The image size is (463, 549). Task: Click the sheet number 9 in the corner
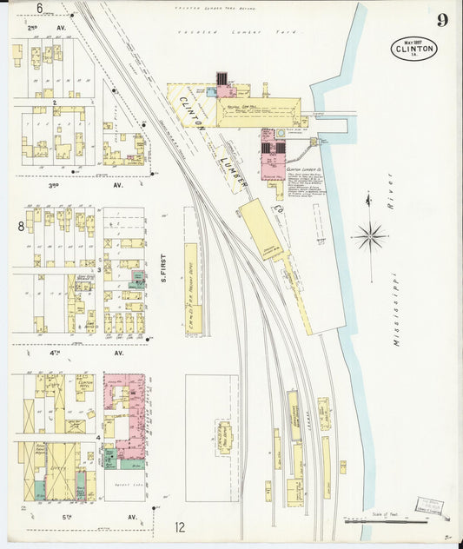442,20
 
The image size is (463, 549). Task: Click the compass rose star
371,235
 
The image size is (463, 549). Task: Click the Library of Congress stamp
431,506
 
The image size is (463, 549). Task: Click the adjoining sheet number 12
180,526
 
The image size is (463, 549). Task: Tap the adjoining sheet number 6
40,8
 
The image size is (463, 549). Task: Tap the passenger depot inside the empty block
224,438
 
